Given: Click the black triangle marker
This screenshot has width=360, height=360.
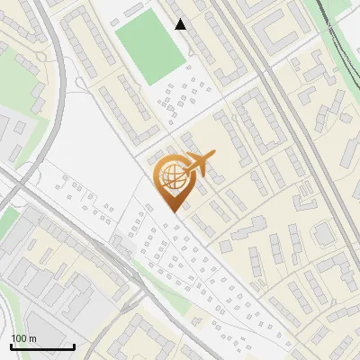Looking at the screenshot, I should point(181,24).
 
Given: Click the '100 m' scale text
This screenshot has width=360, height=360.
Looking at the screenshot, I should point(24,337).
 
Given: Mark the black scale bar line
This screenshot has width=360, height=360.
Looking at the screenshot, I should point(42,346).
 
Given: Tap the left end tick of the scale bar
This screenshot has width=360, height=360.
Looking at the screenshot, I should point(11,346).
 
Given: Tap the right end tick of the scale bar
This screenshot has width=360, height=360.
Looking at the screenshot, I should point(74,346).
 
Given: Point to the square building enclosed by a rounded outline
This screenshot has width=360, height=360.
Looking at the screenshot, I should point(323,235).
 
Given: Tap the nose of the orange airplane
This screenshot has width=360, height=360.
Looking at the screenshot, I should point(214,157).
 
